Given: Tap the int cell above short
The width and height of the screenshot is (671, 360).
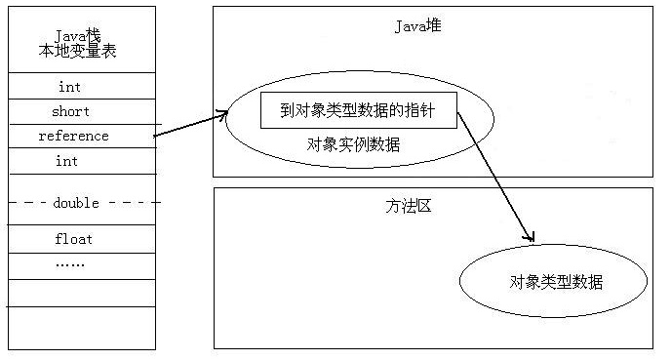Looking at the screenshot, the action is [x=69, y=87].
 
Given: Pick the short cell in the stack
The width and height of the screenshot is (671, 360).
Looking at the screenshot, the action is [x=70, y=111].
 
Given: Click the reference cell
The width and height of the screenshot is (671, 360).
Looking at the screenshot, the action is [x=73, y=136].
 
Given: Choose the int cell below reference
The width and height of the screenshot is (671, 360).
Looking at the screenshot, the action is [x=67, y=161].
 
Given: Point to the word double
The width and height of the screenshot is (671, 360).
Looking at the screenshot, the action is [x=76, y=203].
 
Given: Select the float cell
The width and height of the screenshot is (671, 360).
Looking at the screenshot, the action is [x=73, y=238].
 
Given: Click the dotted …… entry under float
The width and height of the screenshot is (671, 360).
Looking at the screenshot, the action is [x=69, y=263].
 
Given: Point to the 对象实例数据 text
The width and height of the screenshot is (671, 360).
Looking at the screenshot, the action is [x=353, y=145].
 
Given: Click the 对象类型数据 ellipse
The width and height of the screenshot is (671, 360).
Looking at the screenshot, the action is [x=555, y=282].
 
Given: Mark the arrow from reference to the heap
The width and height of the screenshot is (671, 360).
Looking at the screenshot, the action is [x=190, y=126].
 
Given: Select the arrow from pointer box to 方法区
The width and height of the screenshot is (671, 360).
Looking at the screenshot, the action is [x=495, y=177].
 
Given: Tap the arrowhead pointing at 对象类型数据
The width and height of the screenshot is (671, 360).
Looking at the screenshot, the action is [x=530, y=237].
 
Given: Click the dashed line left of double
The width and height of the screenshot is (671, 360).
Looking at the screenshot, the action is [x=28, y=203].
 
